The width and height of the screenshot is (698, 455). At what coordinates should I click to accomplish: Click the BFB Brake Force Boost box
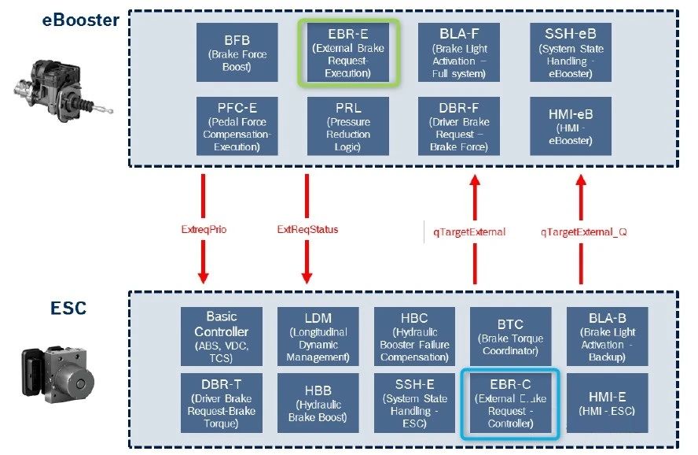tap(237, 53)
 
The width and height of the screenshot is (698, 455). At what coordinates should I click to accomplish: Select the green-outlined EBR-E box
tap(348, 53)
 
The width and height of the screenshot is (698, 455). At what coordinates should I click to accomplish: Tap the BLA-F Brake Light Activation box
tap(458, 53)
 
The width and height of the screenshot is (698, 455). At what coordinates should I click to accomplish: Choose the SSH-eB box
tap(570, 53)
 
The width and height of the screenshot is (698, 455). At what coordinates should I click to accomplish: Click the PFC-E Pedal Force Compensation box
tap(237, 125)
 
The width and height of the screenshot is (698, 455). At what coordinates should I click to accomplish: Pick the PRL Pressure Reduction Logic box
tap(348, 125)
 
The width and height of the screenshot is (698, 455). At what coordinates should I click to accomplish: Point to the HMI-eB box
tap(570, 125)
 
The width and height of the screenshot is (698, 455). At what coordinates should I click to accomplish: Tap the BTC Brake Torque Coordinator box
tap(509, 335)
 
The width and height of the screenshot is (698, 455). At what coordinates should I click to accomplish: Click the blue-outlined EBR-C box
tap(509, 403)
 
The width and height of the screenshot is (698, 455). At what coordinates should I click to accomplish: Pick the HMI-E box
tap(607, 403)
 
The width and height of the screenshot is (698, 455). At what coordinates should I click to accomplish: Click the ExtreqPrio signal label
tap(203, 231)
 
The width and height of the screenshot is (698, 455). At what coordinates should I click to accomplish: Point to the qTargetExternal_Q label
tap(582, 231)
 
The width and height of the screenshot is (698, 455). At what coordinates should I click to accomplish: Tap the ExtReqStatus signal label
tap(307, 231)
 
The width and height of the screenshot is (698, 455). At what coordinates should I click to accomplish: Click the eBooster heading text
tap(80, 20)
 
